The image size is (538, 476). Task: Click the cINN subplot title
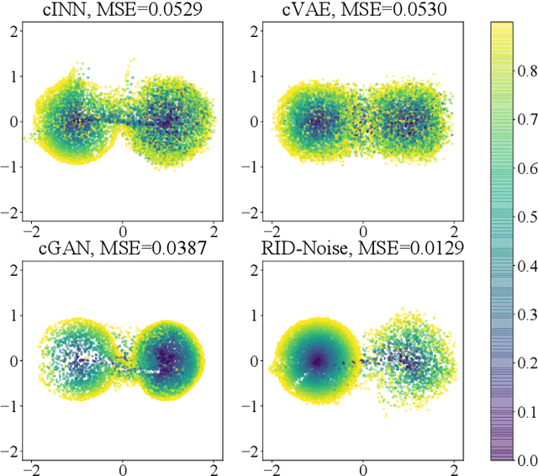pos(123,9)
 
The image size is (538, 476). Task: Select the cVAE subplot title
pos(362,9)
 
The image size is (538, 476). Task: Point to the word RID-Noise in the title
pos(321,247)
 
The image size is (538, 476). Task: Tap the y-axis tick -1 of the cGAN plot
pos(10,407)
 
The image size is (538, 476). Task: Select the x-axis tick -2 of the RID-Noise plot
pos(270,468)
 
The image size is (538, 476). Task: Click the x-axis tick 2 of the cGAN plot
pos(214,468)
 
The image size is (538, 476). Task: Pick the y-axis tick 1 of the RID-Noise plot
pos(253,315)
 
